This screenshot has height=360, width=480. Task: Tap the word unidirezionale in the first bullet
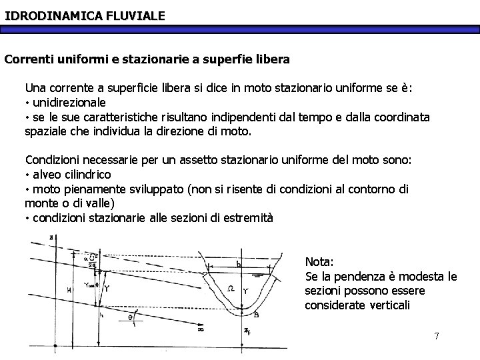coord(69,103)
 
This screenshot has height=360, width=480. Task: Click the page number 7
coord(437,335)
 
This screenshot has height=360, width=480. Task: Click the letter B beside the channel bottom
coord(257,316)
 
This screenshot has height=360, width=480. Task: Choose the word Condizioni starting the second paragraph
coord(54,161)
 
